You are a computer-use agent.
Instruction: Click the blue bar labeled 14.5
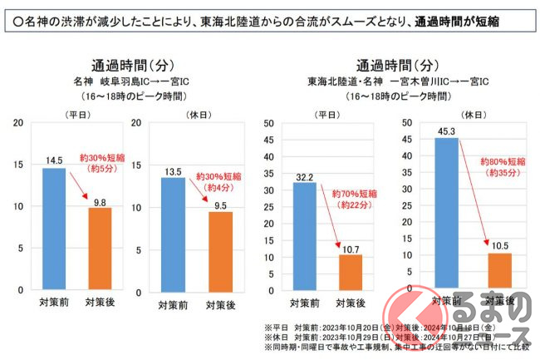[54, 229]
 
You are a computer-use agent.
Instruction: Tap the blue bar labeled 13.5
[173, 233]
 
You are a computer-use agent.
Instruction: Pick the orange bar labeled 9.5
[220, 250]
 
